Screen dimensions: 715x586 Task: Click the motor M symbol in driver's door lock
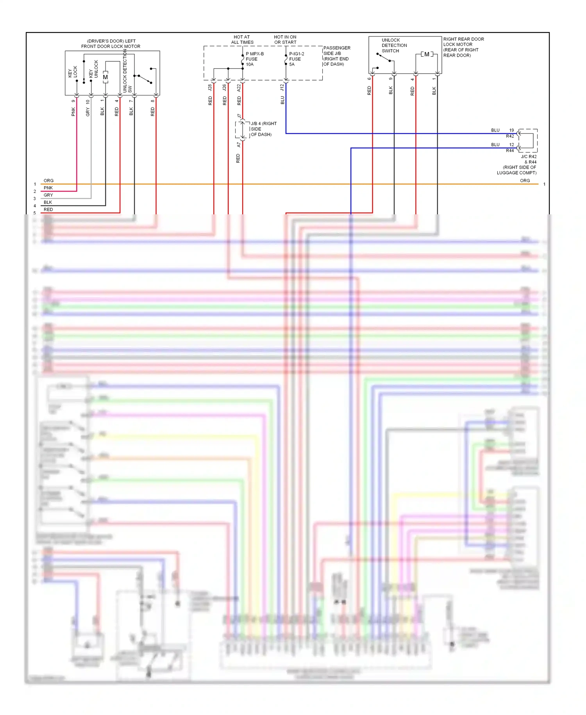tap(105, 77)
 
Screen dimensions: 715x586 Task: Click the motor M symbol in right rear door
tap(427, 54)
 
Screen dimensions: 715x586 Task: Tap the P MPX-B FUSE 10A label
tap(254, 59)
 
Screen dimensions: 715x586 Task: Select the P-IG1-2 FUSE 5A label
tap(296, 59)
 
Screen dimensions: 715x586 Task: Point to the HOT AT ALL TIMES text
tap(242, 40)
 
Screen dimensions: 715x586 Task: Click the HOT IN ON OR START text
tap(285, 40)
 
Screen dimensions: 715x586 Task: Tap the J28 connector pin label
tap(210, 88)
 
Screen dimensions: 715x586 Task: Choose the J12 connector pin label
tap(282, 88)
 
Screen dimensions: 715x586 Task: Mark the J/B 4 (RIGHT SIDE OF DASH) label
tap(263, 129)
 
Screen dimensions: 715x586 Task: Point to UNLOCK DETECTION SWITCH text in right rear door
tap(394, 45)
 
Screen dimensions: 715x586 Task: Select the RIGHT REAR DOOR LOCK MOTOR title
tap(463, 47)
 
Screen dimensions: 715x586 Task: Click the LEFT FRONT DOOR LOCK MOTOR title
tap(111, 44)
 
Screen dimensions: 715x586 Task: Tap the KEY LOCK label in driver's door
tap(73, 72)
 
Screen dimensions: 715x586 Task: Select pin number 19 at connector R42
tap(511, 130)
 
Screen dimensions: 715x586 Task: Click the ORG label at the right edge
tap(525, 181)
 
